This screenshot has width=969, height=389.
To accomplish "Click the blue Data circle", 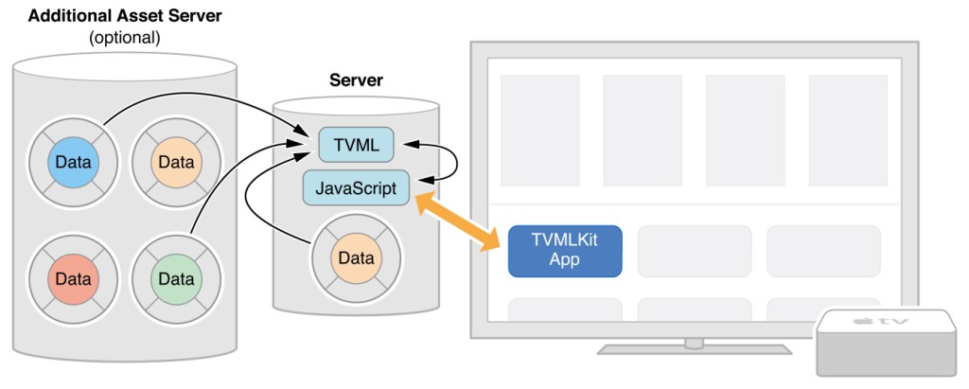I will pos(73,162).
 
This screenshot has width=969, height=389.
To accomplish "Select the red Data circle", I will pos(73,279).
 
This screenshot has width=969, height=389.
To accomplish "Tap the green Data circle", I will pos(176,279).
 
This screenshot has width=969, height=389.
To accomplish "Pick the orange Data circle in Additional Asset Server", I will pos(176,162).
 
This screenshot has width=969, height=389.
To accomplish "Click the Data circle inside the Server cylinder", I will pos(356,257).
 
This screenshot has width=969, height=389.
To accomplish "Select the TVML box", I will pos(356,145).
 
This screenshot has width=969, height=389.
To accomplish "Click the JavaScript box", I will pos(356,187).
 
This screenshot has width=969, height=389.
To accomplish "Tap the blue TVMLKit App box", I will pos(565,251).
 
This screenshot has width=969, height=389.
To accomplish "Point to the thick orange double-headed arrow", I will pos(459,219).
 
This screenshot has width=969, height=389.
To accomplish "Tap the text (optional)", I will pos(124,38).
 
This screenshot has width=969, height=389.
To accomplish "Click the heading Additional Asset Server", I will pos(124,15).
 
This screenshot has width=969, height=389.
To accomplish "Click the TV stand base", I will pos(695,348).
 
